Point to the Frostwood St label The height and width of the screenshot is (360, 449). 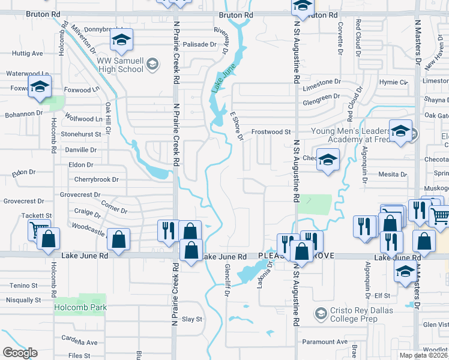(x=271, y=131)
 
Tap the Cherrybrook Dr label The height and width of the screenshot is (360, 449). (x=97, y=179)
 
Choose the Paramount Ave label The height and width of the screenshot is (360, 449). (x=325, y=342)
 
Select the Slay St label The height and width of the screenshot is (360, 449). (x=192, y=319)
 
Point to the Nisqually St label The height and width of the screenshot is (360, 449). (x=23, y=300)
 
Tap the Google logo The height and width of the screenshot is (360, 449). (x=20, y=353)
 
